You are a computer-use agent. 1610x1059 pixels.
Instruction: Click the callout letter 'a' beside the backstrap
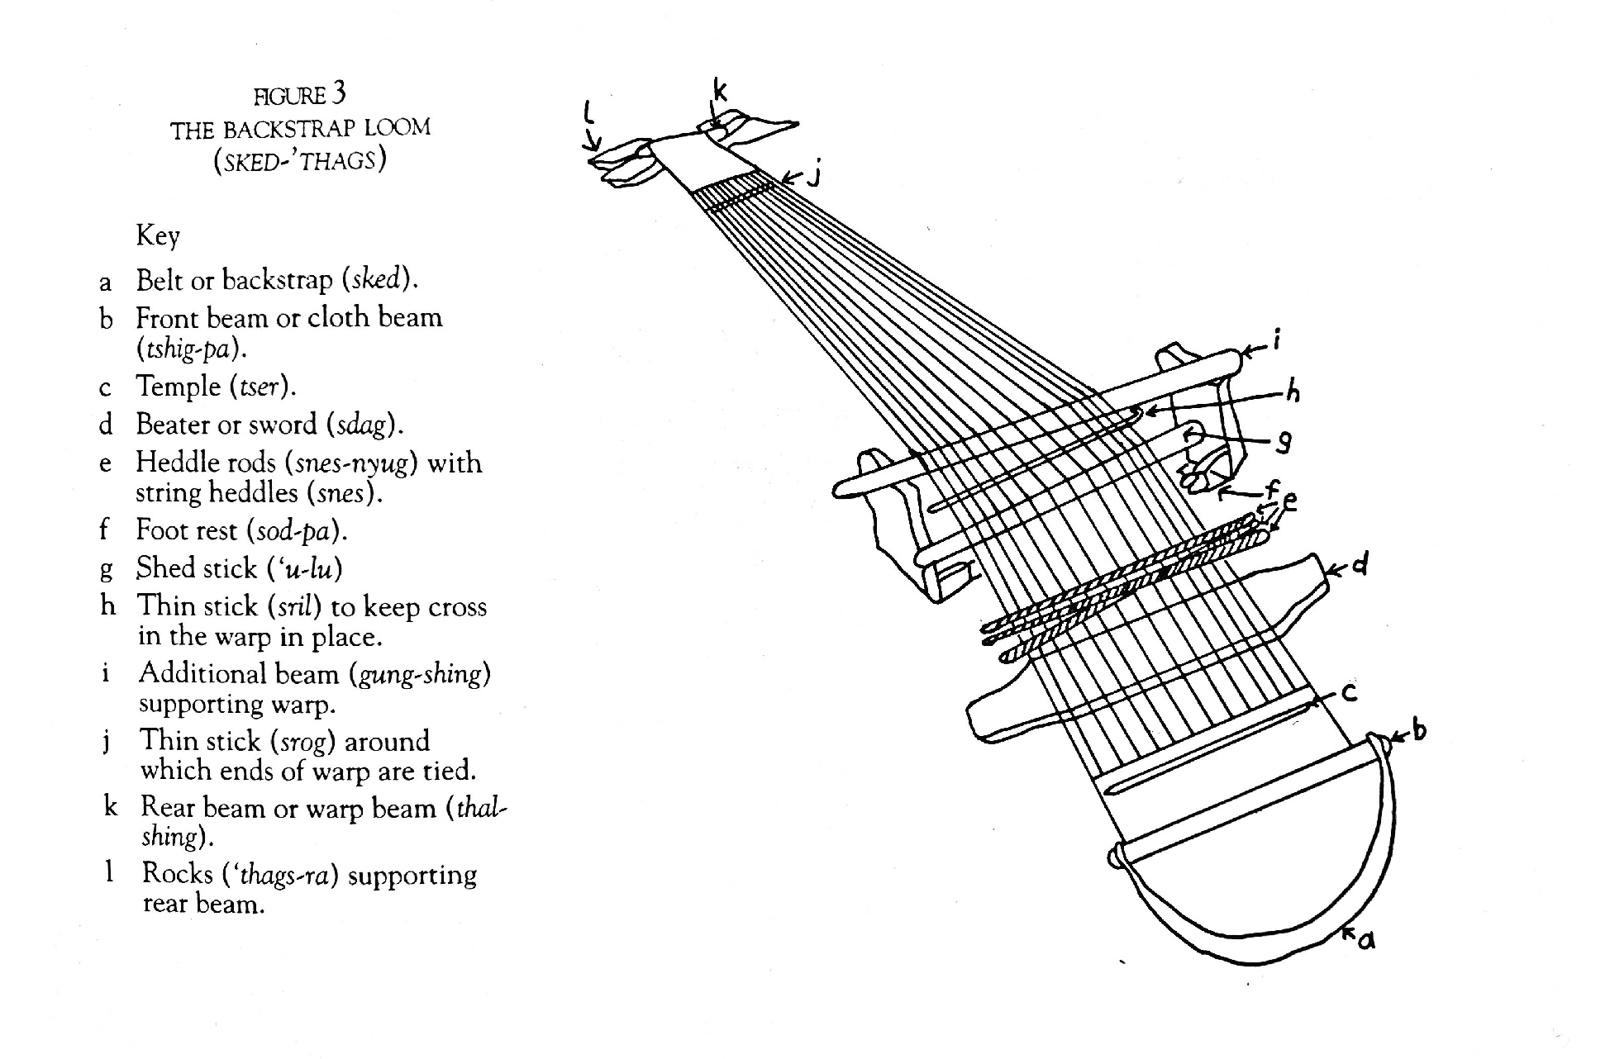1366,939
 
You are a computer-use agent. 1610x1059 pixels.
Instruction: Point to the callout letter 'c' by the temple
1349,692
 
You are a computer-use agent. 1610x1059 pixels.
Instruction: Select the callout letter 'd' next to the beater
1360,566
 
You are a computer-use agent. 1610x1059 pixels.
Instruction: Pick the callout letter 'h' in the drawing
1293,391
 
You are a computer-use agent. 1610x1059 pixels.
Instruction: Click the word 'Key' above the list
158,236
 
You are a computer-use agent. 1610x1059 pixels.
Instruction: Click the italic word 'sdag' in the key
361,425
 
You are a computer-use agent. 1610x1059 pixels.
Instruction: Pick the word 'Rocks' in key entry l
177,874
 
